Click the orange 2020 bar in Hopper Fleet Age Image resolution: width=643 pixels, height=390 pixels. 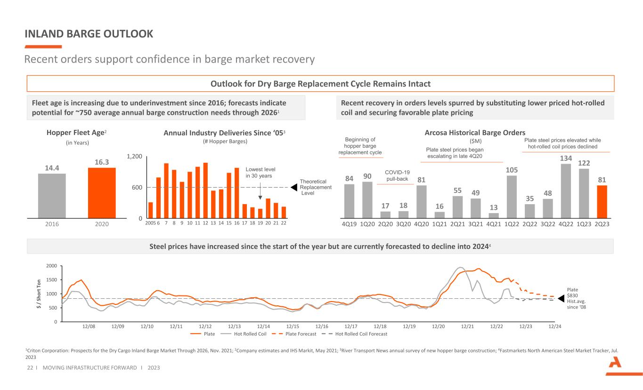click(x=102, y=193)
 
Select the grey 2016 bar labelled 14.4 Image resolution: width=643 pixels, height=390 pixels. click(x=52, y=196)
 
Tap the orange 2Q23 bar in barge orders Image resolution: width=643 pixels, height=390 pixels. click(x=602, y=202)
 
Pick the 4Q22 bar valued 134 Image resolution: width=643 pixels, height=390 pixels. click(x=566, y=191)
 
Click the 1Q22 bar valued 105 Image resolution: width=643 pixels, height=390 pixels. click(x=512, y=197)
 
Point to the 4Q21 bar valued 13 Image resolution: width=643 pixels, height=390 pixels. click(x=494, y=215)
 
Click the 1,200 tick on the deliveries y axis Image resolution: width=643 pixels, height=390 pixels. click(x=134, y=156)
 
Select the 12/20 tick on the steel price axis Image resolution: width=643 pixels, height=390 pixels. click(x=439, y=326)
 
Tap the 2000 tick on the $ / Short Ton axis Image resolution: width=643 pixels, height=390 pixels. click(x=52, y=266)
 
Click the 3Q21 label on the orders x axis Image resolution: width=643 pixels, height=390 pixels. click(x=476, y=224)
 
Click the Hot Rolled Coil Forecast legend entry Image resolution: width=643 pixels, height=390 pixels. click(x=355, y=334)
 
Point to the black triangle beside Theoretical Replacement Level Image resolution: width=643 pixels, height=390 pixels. click(x=294, y=187)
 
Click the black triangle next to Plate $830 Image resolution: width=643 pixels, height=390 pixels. click(x=561, y=299)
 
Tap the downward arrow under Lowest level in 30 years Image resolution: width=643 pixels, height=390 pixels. click(x=260, y=191)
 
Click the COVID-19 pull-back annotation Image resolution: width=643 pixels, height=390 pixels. click(x=397, y=175)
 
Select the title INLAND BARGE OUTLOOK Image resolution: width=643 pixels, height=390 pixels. click(x=89, y=34)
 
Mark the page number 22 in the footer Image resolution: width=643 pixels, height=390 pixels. click(x=30, y=367)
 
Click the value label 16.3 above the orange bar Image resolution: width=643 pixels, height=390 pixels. click(x=102, y=162)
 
